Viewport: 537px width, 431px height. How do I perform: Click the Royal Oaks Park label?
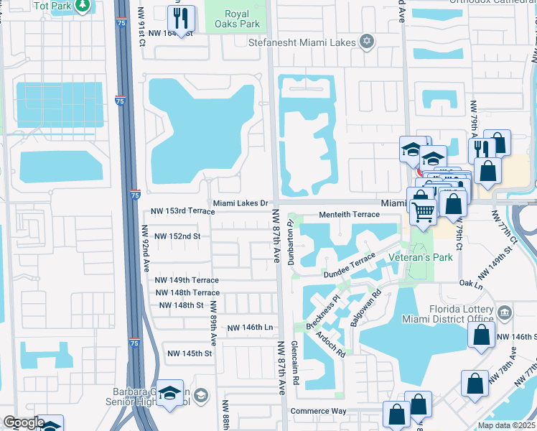pos(236,19)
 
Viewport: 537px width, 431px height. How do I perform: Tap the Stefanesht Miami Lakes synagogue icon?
pos(368,42)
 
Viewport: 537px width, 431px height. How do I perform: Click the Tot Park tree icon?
pos(83,6)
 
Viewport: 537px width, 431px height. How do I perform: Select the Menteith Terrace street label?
pos(349,214)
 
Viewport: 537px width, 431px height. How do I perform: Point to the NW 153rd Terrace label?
pos(182,211)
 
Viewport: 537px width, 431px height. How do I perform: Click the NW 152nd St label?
pos(177,236)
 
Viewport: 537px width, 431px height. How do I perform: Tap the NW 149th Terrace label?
pos(187,280)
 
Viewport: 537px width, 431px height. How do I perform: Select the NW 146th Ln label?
pos(251,328)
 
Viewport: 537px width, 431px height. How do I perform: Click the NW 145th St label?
pos(190,353)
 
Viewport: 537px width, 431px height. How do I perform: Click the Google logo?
pos(23,423)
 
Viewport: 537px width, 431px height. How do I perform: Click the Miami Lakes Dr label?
pos(241,203)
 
